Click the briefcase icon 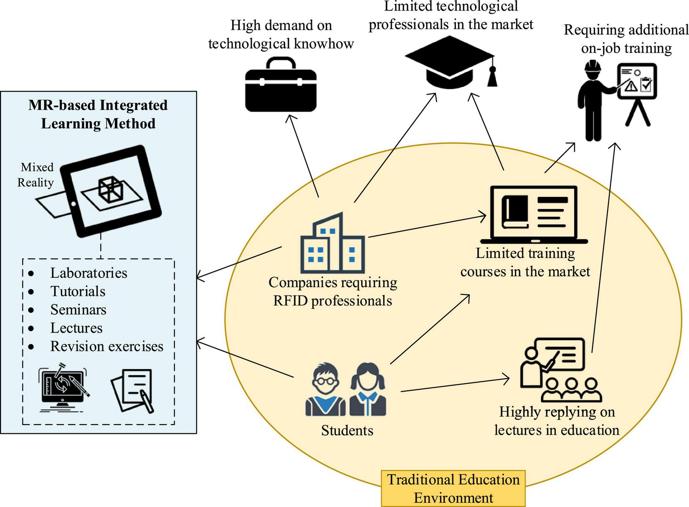point(280,86)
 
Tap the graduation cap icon point(450,62)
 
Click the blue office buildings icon point(332,244)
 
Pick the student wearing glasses point(326,390)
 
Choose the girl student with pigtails point(368,390)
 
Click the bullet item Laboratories point(89,273)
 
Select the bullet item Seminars point(78,310)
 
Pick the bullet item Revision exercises point(106,346)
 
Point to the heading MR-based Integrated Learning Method point(98,114)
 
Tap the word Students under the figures point(347,431)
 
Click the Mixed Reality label point(36,175)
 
